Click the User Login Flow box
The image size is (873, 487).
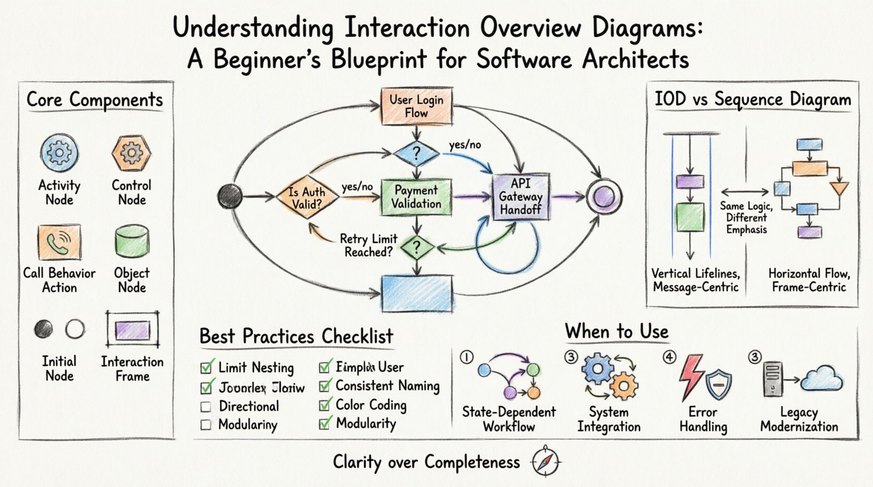click(416, 107)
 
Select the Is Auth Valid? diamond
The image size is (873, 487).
click(307, 197)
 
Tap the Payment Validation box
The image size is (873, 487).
click(416, 197)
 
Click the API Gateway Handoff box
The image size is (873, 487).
click(520, 196)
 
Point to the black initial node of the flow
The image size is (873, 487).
click(230, 197)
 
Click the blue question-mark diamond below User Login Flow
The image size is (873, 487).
click(416, 153)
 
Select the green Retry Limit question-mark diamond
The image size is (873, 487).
click(417, 248)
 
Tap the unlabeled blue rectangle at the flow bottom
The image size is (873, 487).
click(416, 294)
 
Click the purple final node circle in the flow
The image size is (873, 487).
click(604, 197)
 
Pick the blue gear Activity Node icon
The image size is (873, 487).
click(59, 153)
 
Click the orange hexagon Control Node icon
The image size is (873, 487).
click(131, 153)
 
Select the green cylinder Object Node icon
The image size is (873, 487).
click(132, 241)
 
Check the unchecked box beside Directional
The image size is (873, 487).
click(206, 407)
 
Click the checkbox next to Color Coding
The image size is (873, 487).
click(325, 405)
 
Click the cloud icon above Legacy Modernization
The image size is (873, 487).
click(822, 379)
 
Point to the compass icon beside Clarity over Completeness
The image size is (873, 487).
click(546, 462)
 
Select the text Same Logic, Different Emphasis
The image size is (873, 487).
click(746, 218)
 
